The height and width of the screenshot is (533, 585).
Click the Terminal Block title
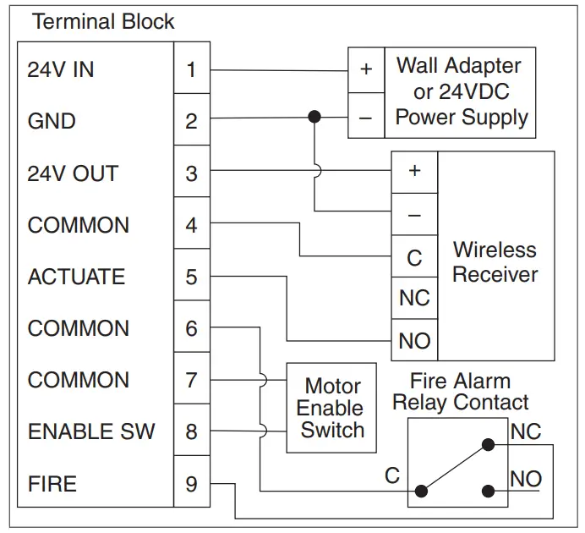pyautogui.click(x=103, y=22)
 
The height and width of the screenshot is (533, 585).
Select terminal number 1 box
pyautogui.click(x=191, y=69)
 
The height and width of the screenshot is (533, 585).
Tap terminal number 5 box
pyautogui.click(x=191, y=277)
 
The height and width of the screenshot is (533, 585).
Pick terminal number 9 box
pyautogui.click(x=191, y=484)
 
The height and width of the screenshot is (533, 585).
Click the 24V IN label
pyautogui.click(x=61, y=69)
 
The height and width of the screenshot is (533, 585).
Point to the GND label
pyautogui.click(x=52, y=121)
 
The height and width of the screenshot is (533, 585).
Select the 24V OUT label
pyautogui.click(x=73, y=173)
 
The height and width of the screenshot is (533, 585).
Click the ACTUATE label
pyautogui.click(x=76, y=277)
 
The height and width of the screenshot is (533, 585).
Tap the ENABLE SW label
pyautogui.click(x=91, y=431)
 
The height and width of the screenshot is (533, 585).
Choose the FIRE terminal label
pyautogui.click(x=52, y=484)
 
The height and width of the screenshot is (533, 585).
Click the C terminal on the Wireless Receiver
pyautogui.click(x=414, y=257)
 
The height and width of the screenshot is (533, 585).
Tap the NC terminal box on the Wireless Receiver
pyautogui.click(x=414, y=299)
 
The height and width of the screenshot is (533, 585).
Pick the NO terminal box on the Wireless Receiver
pyautogui.click(x=414, y=341)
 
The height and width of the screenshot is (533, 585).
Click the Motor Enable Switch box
pyautogui.click(x=332, y=408)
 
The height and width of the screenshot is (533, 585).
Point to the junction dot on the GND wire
pyautogui.click(x=314, y=116)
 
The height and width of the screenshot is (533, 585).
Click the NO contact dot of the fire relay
pyautogui.click(x=488, y=490)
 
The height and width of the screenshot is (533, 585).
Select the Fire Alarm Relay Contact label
pyautogui.click(x=460, y=392)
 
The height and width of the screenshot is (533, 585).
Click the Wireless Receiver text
pyautogui.click(x=495, y=262)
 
